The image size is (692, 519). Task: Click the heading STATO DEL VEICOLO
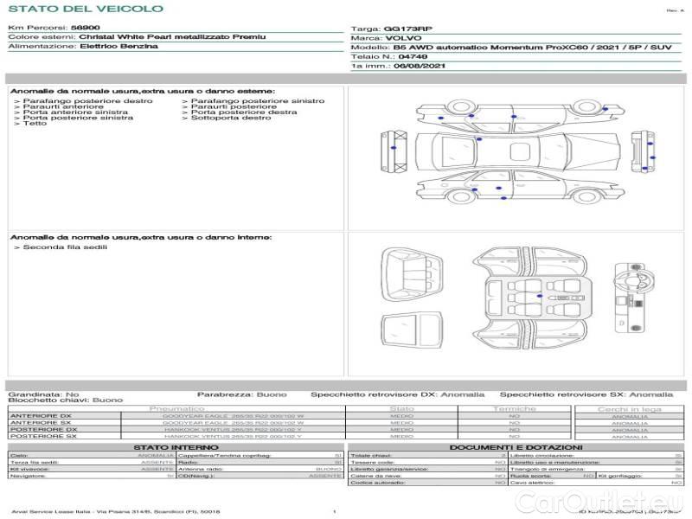86,9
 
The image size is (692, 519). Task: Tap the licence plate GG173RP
407,29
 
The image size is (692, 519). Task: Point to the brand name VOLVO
403,38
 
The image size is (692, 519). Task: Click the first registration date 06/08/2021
422,66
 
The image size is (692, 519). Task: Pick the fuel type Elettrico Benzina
119,47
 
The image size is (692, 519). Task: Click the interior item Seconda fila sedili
65,247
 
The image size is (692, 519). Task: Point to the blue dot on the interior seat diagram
540,297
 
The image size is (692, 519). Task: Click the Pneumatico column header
177,408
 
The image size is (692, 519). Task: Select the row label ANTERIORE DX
41,416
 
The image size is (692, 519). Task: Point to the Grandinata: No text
43,394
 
